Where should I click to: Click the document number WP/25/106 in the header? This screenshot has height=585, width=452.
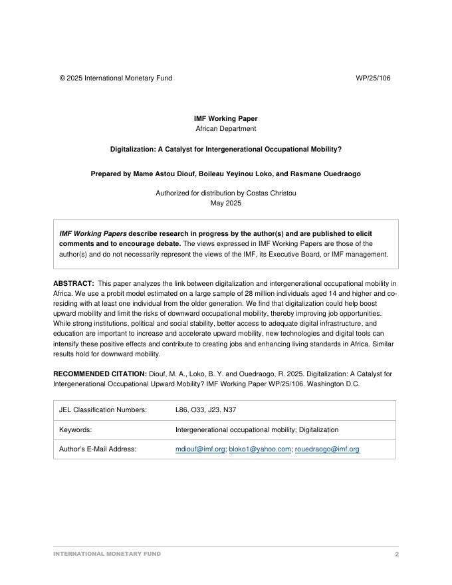pyautogui.click(x=373, y=78)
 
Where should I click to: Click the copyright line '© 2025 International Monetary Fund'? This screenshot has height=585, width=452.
pyautogui.click(x=116, y=78)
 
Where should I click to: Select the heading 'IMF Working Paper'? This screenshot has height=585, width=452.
pyautogui.click(x=225, y=119)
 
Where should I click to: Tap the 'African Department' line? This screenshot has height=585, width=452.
pyautogui.click(x=225, y=129)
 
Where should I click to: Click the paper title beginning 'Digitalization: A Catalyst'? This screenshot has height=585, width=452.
pyautogui.click(x=225, y=150)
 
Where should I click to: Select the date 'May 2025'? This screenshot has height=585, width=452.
pyautogui.click(x=225, y=203)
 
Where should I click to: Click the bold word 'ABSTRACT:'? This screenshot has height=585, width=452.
pyautogui.click(x=73, y=283)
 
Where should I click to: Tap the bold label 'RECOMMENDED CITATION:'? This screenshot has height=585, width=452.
pyautogui.click(x=100, y=374)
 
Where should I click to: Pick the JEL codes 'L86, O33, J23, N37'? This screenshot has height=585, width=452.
pyautogui.click(x=205, y=410)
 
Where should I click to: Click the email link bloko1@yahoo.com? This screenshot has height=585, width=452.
pyautogui.click(x=260, y=449)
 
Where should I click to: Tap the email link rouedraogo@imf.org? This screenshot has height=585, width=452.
pyautogui.click(x=327, y=449)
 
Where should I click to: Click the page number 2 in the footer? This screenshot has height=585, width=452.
pyautogui.click(x=397, y=554)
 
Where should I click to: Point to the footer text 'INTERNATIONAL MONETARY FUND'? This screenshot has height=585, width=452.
pyautogui.click(x=107, y=554)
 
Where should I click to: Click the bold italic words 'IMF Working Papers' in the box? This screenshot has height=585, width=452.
pyautogui.click(x=93, y=234)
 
